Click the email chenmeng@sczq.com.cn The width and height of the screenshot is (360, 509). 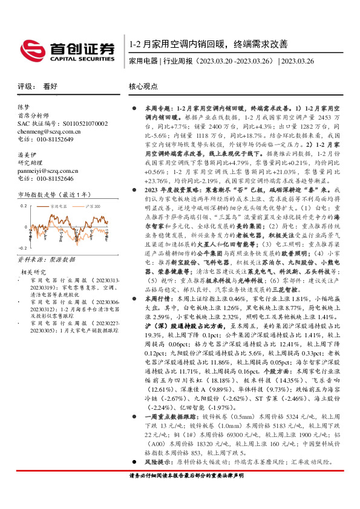click(42, 131)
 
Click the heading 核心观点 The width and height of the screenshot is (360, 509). click(143, 86)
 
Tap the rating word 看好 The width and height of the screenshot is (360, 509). click(50, 86)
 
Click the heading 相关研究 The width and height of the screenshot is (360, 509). click(33, 272)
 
